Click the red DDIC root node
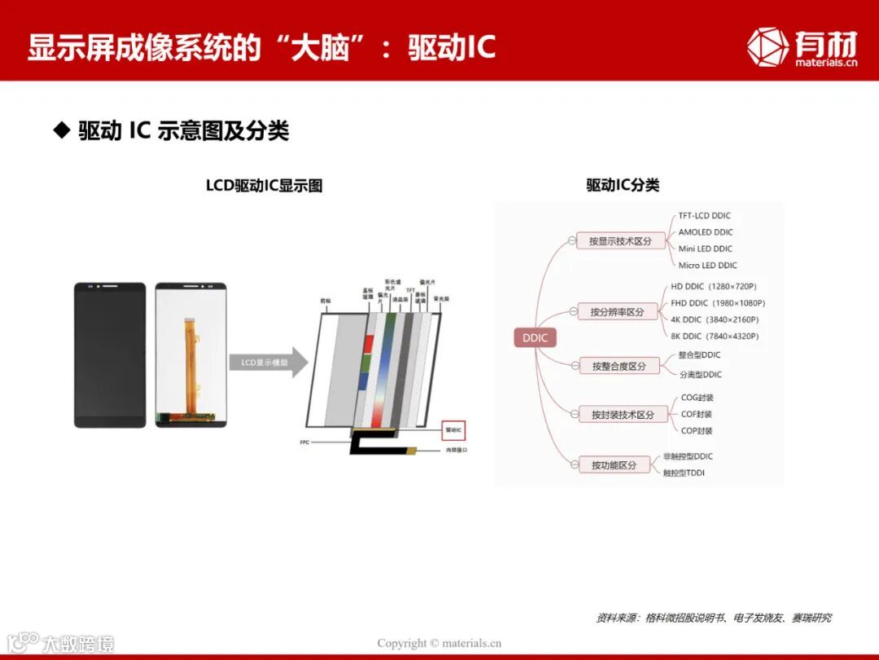535,338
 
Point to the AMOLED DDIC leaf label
705,232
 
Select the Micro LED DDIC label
707,265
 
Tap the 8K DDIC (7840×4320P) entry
715,336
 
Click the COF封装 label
697,414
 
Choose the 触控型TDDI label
684,473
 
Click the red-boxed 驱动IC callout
453,429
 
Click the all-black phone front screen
110,354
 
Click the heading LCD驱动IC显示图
264,186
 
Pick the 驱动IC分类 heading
623,185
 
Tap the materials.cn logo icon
767,46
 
